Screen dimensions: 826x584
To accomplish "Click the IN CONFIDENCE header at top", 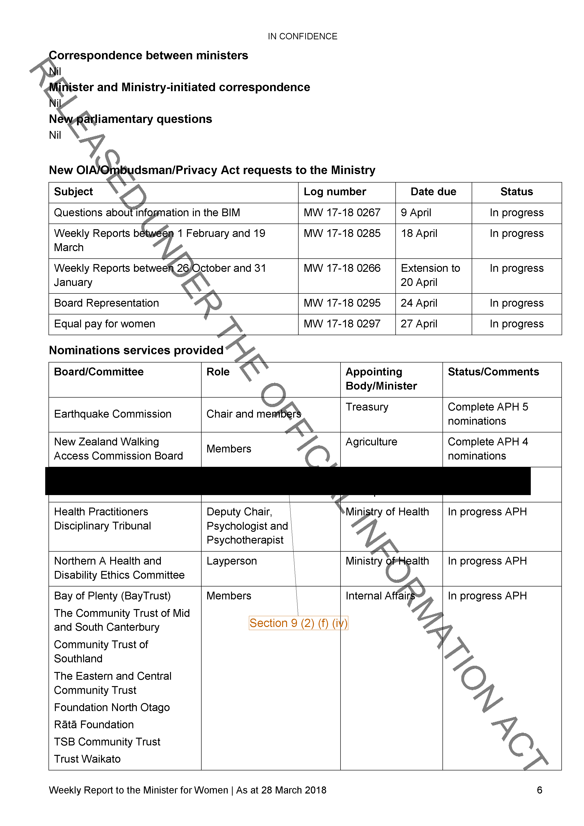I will (x=302, y=36).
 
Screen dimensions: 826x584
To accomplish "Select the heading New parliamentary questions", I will (x=130, y=119).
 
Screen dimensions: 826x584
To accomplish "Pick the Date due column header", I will (x=433, y=192).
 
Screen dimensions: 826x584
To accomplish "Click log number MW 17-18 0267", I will (x=342, y=213).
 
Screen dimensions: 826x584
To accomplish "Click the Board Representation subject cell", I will (x=106, y=303).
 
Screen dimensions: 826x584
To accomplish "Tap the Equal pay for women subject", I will (x=104, y=324).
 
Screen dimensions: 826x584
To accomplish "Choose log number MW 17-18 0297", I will (x=342, y=324).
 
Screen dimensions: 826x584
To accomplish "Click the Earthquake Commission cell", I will (x=113, y=414).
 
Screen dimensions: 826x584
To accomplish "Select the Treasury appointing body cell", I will (x=367, y=407).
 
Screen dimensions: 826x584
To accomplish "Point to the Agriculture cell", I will (x=371, y=442).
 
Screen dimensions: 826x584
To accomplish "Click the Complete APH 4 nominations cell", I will (x=488, y=449).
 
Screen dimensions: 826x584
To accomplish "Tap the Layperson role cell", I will (x=231, y=561).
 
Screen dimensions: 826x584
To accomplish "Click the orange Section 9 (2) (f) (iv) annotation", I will (x=298, y=623).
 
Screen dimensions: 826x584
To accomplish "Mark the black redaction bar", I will (x=288, y=481).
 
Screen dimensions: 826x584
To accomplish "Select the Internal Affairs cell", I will (x=380, y=596).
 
